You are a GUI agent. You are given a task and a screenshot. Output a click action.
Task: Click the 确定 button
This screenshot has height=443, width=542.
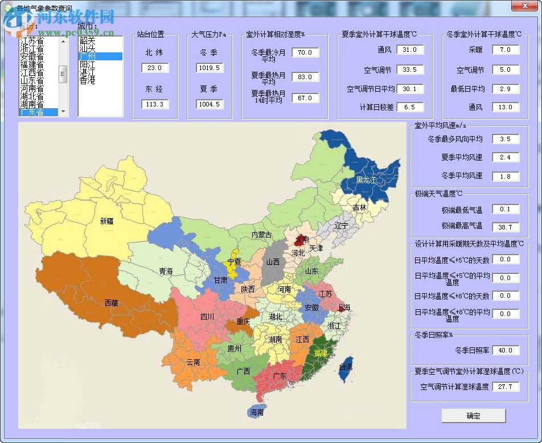click(473, 416)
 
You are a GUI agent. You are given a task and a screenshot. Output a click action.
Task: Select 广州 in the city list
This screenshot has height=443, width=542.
click(88, 56)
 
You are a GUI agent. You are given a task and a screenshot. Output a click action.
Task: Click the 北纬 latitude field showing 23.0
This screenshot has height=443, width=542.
click(155, 68)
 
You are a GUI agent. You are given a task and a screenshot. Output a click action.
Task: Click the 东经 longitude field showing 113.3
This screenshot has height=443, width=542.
click(155, 104)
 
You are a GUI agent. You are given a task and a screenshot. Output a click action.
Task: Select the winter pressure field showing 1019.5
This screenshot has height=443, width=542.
click(210, 68)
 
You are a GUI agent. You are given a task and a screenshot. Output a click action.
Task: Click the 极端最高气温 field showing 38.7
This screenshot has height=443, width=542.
click(506, 227)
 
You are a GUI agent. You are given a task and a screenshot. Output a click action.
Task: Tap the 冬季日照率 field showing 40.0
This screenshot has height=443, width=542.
click(506, 350)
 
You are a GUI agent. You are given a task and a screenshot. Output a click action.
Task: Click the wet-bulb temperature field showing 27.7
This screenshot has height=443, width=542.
click(506, 387)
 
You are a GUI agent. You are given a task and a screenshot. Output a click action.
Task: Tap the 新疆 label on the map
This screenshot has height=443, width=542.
click(106, 221)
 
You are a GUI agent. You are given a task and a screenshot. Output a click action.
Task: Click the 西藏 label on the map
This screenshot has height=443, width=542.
click(111, 303)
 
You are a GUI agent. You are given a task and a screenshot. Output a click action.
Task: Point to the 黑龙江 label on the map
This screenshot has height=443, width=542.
click(366, 179)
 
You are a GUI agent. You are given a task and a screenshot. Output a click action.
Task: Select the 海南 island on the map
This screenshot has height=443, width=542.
click(257, 412)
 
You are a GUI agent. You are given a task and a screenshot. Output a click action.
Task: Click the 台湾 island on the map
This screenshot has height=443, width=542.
click(346, 367)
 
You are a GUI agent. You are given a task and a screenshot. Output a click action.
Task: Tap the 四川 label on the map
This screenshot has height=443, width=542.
click(207, 317)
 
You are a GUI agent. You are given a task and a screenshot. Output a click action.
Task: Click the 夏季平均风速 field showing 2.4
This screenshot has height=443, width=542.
click(506, 157)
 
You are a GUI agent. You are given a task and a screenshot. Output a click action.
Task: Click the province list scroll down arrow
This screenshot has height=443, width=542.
click(63, 112)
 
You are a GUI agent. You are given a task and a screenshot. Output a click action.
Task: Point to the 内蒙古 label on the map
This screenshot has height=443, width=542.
click(261, 235)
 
